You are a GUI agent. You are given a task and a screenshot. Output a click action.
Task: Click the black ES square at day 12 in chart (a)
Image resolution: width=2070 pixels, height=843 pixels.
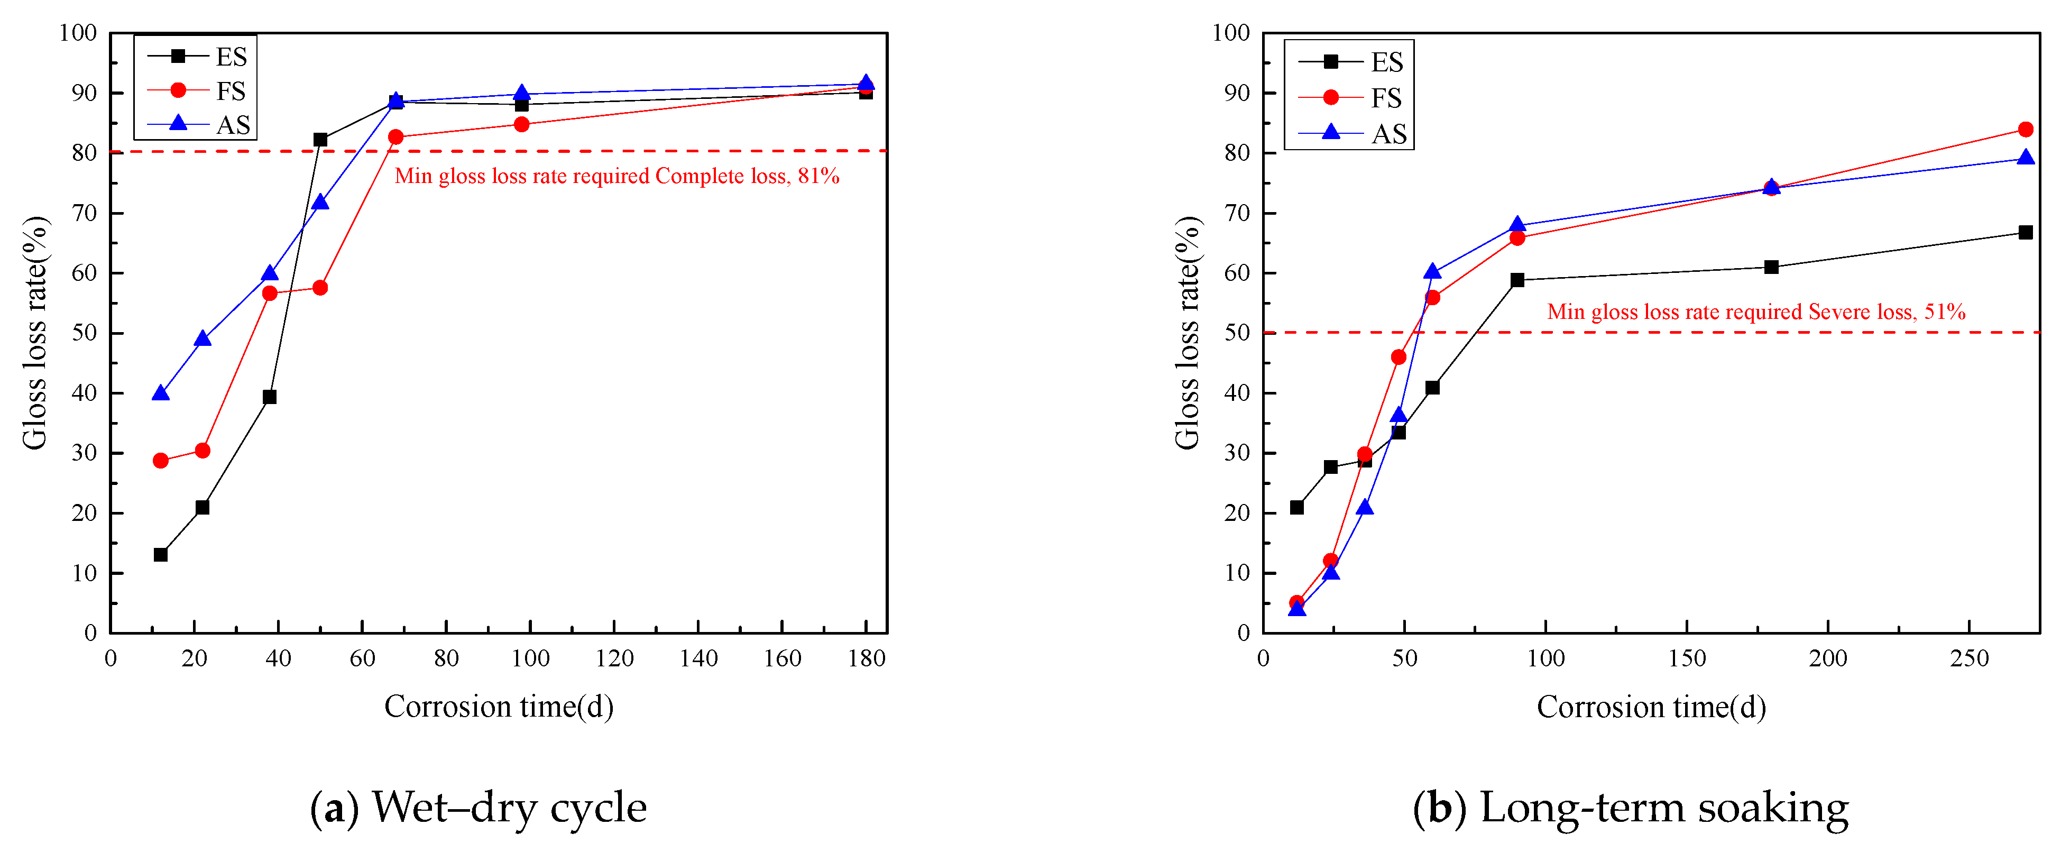coord(161,554)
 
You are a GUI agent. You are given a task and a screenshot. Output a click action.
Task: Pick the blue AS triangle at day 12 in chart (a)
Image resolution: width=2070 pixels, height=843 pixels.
coord(161,393)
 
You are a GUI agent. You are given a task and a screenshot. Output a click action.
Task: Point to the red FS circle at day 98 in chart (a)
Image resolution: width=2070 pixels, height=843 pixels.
coord(521,125)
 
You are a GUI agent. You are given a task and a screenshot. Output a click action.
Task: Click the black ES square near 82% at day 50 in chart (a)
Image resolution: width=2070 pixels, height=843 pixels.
coord(320,140)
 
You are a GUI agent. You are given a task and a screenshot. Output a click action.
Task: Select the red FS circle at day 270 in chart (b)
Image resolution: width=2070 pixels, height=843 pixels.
coord(2026,130)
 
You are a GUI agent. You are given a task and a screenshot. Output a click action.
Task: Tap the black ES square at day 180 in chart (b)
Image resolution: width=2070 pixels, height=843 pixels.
coord(1771,267)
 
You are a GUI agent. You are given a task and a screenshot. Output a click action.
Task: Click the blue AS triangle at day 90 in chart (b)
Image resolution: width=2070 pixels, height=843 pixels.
coord(1517,225)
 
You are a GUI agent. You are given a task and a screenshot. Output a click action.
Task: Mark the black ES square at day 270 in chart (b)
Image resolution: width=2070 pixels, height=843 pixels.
coord(2026,232)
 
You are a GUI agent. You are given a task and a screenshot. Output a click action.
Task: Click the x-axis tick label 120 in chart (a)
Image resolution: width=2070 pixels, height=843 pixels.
coord(614,659)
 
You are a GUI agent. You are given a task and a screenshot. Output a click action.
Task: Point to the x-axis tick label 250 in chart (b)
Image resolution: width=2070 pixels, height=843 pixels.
coord(1969,659)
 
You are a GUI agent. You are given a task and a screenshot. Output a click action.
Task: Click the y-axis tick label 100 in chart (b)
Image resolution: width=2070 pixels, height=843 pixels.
coord(1231,33)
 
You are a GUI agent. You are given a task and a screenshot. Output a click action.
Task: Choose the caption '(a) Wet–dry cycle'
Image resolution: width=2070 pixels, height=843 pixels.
coord(478,808)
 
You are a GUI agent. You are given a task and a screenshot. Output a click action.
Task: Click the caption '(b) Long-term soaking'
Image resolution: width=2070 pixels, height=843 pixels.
coord(1631,808)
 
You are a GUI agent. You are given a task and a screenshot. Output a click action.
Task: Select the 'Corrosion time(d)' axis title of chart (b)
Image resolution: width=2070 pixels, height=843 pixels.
coord(1651,707)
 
